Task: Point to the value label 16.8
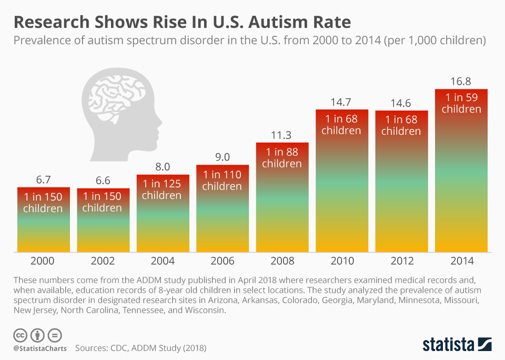[461, 81]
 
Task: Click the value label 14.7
[341, 102]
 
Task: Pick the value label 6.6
[103, 181]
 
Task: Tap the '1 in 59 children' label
[461, 103]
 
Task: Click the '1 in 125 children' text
[162, 189]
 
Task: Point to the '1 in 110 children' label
[222, 181]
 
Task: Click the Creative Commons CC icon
[21, 335]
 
